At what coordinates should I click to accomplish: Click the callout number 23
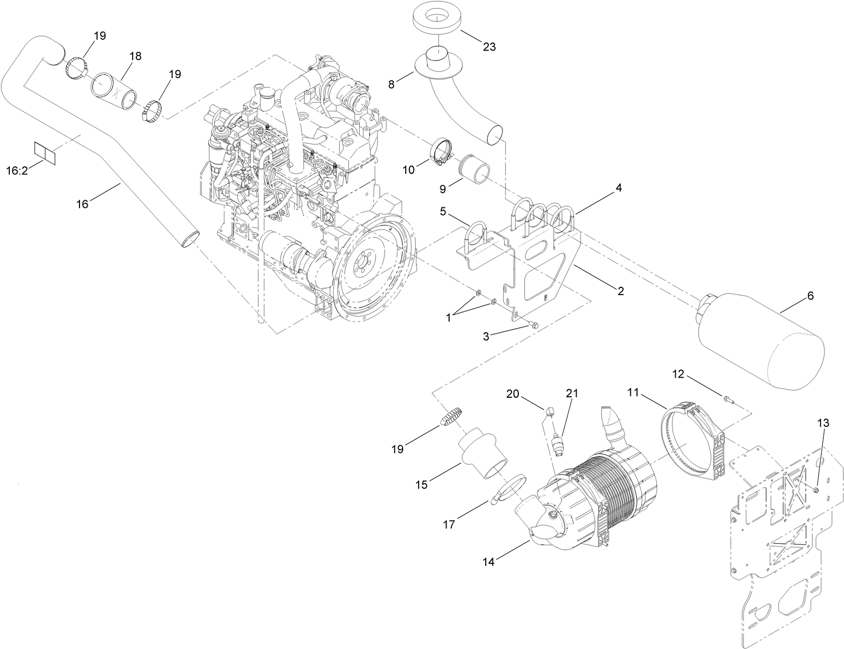pyautogui.click(x=489, y=47)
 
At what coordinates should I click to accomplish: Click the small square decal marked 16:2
pyautogui.click(x=44, y=152)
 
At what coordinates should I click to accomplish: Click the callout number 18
pyautogui.click(x=135, y=56)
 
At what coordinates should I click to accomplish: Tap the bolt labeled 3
pyautogui.click(x=533, y=325)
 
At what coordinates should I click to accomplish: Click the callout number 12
pyautogui.click(x=678, y=375)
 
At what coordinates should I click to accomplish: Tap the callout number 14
pyautogui.click(x=488, y=562)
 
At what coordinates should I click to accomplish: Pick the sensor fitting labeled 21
pyautogui.click(x=558, y=444)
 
